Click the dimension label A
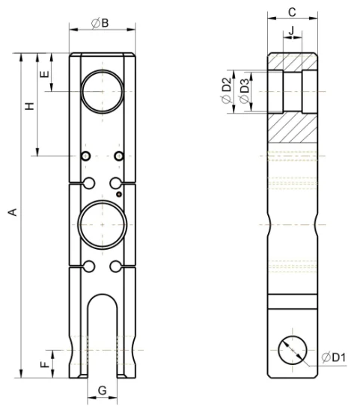(13, 212)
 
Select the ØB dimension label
(100, 23)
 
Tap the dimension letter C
(292, 13)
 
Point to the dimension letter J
(291, 31)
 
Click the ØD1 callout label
(334, 357)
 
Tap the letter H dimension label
(30, 106)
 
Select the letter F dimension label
(46, 365)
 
